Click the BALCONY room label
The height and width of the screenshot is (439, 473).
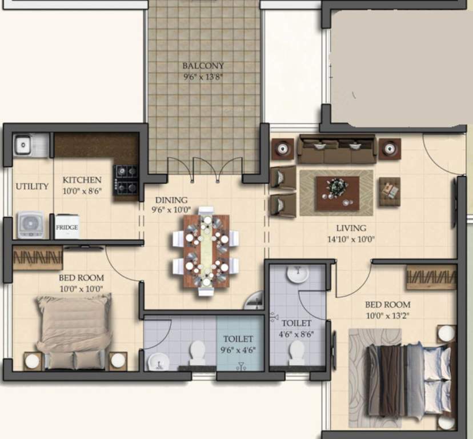203,66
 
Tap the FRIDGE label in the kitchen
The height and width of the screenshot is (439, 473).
66,228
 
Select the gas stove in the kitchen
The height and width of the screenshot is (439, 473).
126,179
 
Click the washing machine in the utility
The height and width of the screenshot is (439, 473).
31,225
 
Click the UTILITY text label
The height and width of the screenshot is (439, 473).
32,186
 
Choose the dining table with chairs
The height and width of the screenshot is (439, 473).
206,251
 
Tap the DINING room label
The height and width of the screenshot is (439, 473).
171,200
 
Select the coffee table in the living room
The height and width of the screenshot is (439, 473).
336,193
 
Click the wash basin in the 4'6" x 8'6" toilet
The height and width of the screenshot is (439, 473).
297,275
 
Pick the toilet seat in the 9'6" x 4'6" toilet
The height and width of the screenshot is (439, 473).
198,353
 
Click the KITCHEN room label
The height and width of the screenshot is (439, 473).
82,180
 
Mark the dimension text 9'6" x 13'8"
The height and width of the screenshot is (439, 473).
203,77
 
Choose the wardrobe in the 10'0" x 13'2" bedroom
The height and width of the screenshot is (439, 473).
431,277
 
